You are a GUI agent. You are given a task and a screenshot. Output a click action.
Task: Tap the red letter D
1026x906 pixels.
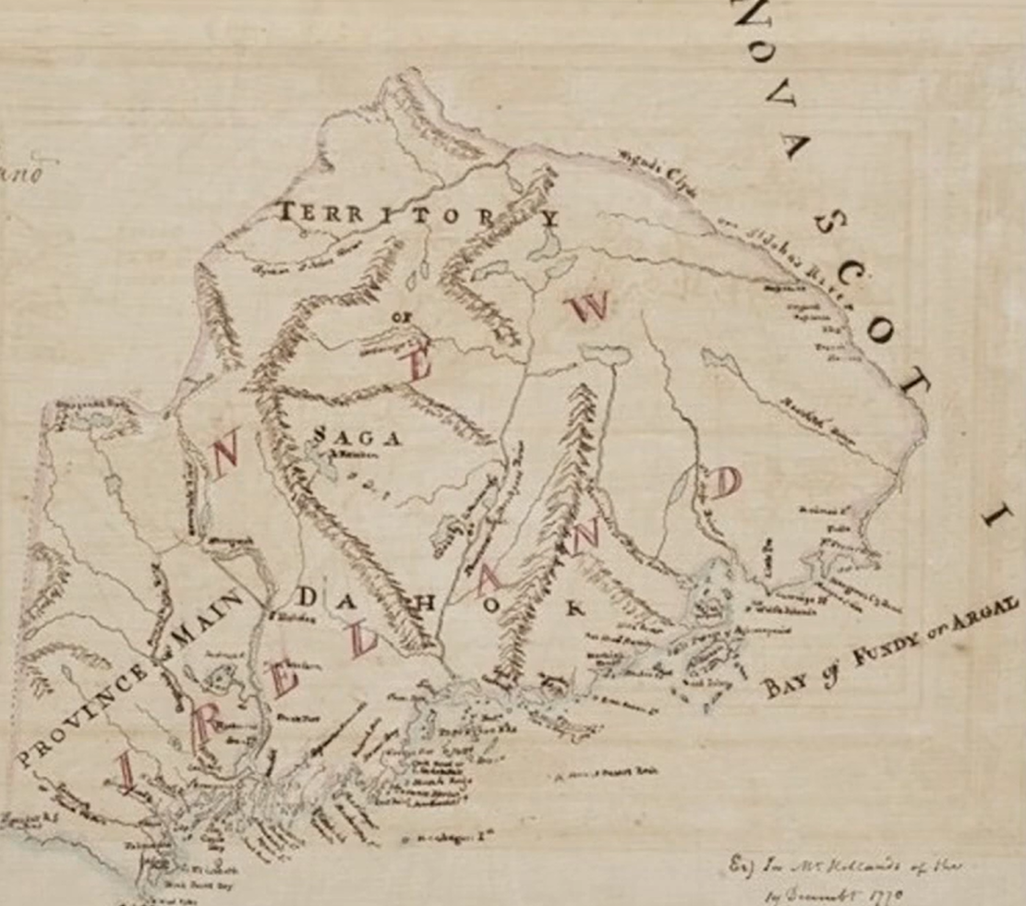point(725,483)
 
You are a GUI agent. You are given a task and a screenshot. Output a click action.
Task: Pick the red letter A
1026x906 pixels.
point(489,580)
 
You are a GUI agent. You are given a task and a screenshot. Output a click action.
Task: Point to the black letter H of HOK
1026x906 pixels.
point(427,601)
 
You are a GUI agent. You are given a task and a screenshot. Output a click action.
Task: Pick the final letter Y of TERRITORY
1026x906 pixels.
point(550,218)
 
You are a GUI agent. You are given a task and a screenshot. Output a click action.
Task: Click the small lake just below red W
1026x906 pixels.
point(605,354)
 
